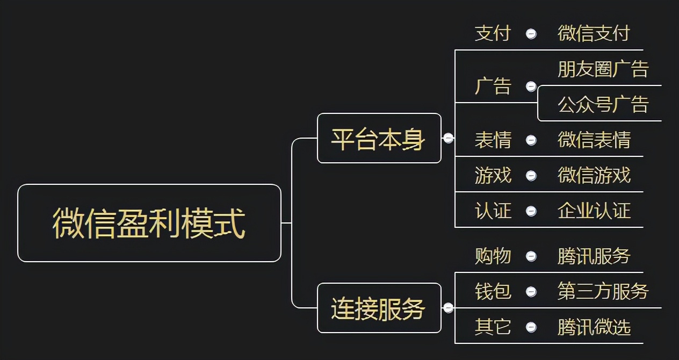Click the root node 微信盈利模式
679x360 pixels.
149,223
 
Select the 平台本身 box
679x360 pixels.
379,138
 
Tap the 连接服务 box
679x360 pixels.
379,308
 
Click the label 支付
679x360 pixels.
493,33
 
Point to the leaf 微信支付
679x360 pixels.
594,33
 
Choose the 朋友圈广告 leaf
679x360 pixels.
603,69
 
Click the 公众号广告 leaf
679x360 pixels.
603,104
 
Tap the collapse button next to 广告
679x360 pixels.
531,87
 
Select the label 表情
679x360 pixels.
493,140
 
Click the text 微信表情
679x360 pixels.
594,140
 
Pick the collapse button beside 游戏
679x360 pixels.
531,176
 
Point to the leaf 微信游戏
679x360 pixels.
594,176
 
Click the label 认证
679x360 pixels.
493,211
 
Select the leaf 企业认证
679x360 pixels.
594,211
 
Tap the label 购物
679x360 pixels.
493,256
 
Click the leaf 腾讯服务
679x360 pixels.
594,256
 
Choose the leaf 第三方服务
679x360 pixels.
603,292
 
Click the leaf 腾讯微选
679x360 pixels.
594,327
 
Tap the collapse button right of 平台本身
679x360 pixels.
448,138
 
